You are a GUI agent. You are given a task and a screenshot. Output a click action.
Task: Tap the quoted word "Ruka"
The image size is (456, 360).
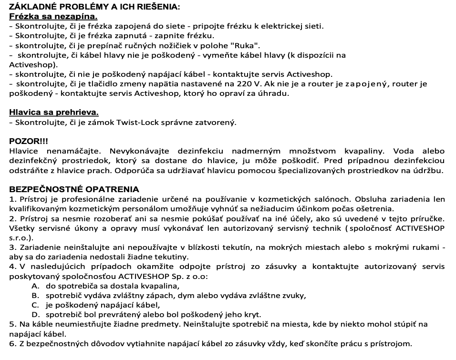click(x=245, y=45)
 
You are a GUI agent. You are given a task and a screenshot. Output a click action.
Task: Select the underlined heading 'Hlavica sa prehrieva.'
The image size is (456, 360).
click(x=54, y=113)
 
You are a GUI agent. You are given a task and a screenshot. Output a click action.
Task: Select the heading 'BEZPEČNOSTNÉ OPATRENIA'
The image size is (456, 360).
click(x=74, y=190)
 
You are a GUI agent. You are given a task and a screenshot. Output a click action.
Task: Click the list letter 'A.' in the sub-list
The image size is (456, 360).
click(x=35, y=286)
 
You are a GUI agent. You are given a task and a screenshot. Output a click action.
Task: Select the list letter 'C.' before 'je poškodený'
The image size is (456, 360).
click(x=35, y=305)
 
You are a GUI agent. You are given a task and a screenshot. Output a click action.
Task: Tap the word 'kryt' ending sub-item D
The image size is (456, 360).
click(x=253, y=315)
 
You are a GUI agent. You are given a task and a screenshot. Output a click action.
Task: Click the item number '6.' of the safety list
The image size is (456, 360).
click(x=12, y=344)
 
